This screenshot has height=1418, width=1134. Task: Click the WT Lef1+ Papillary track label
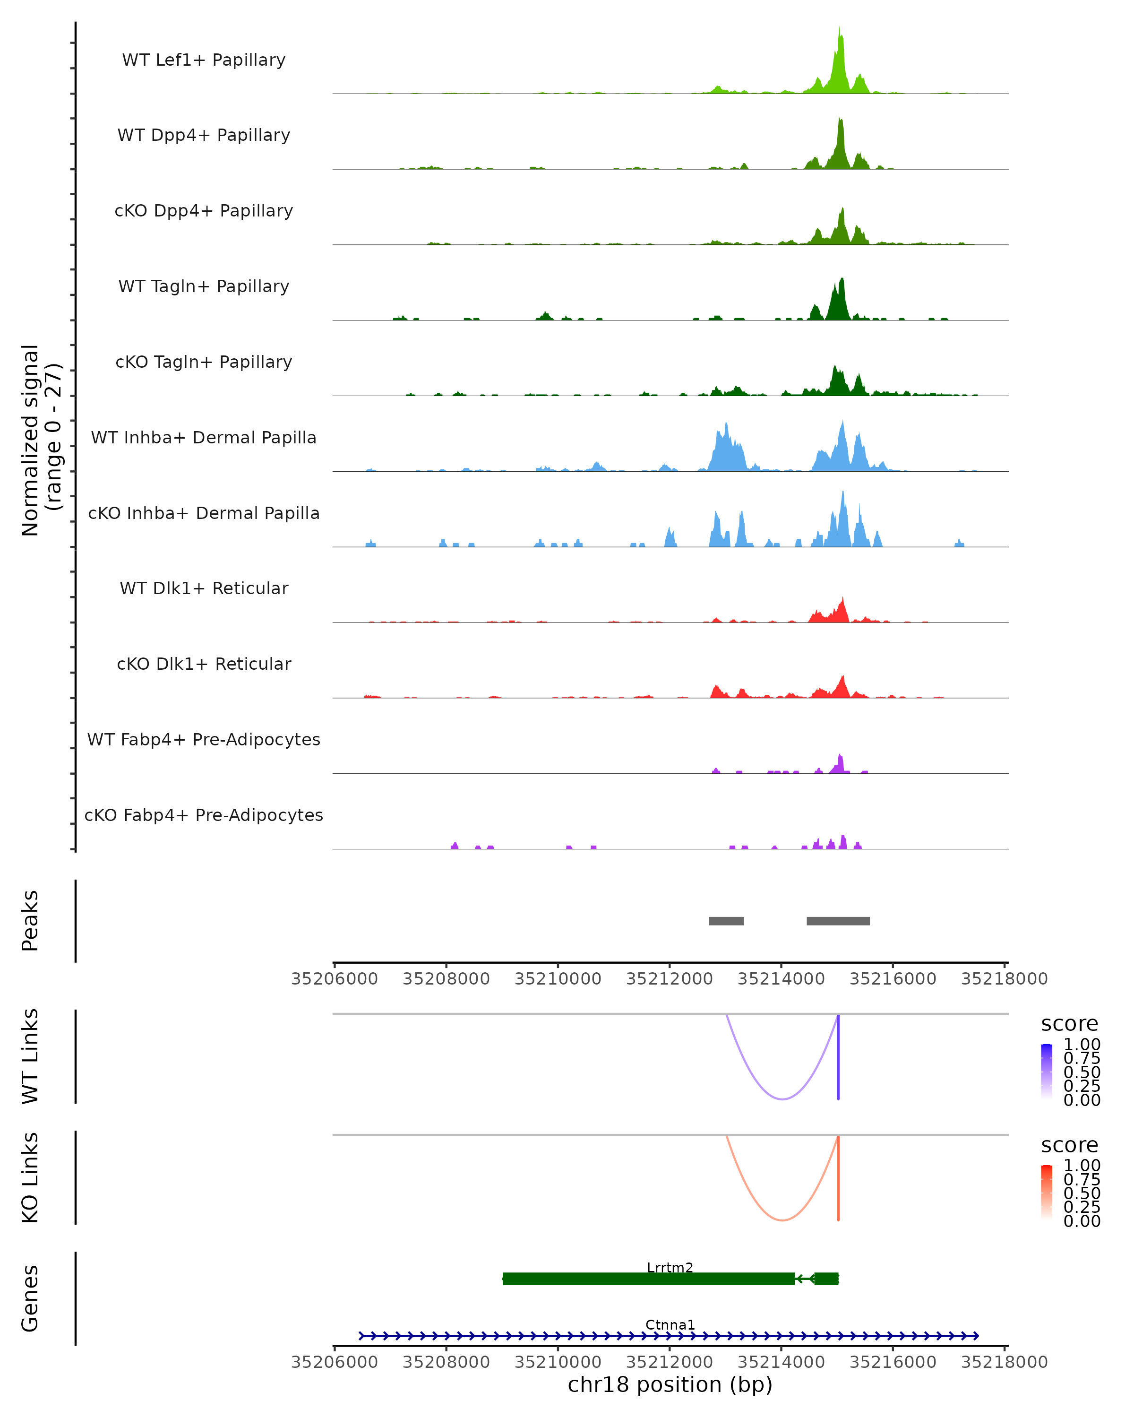(204, 60)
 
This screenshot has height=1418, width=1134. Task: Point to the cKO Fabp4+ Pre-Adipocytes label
(204, 815)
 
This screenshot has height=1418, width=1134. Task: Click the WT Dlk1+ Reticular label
(204, 588)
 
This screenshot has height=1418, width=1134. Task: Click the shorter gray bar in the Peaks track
(726, 921)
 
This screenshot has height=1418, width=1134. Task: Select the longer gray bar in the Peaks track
(838, 921)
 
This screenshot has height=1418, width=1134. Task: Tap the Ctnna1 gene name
(670, 1324)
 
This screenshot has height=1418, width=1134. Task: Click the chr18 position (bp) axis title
(670, 1385)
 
